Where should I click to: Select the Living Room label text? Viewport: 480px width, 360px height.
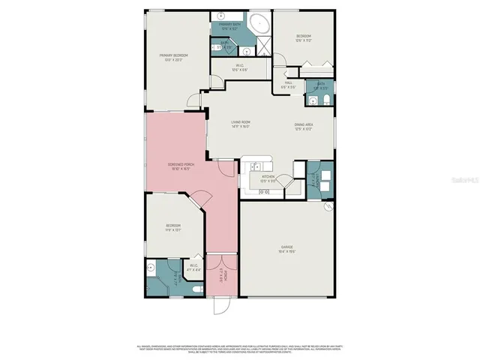tap(240, 124)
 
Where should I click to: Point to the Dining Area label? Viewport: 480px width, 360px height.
tap(304, 127)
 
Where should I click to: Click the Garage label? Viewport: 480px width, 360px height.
tap(286, 247)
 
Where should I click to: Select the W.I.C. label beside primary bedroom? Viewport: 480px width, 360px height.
tap(239, 67)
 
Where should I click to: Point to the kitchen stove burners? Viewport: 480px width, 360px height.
tap(264, 193)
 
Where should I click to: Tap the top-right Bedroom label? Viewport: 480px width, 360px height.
tap(303, 37)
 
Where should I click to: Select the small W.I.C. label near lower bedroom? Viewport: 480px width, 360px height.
tap(193, 265)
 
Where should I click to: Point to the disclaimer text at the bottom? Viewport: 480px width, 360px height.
tap(239, 349)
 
